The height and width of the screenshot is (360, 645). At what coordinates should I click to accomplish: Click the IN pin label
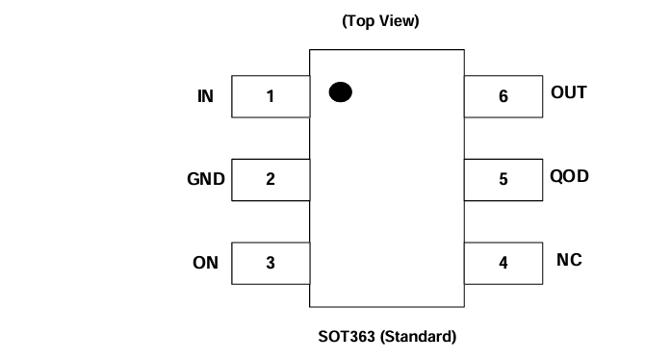pos(205,96)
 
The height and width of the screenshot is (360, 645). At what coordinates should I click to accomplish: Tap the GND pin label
pos(205,179)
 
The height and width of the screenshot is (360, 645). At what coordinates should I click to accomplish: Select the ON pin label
pos(205,262)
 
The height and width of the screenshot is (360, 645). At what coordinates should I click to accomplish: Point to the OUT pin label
pos(569,93)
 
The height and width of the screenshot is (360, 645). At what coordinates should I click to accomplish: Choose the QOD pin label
pos(569,177)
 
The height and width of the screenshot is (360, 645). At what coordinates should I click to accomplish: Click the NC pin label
pos(569,261)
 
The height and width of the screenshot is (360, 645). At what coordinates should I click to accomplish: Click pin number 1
pos(271,96)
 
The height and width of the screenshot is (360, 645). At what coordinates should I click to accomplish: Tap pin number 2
pos(271,179)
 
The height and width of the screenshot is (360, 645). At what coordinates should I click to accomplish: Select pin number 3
pos(271,262)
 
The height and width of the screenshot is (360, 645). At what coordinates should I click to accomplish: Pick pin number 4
pos(503,262)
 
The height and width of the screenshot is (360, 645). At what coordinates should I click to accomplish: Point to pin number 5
pos(503,179)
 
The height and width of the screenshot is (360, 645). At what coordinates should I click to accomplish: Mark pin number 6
pos(503,96)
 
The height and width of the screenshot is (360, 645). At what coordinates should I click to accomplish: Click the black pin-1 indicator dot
pos(340,92)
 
